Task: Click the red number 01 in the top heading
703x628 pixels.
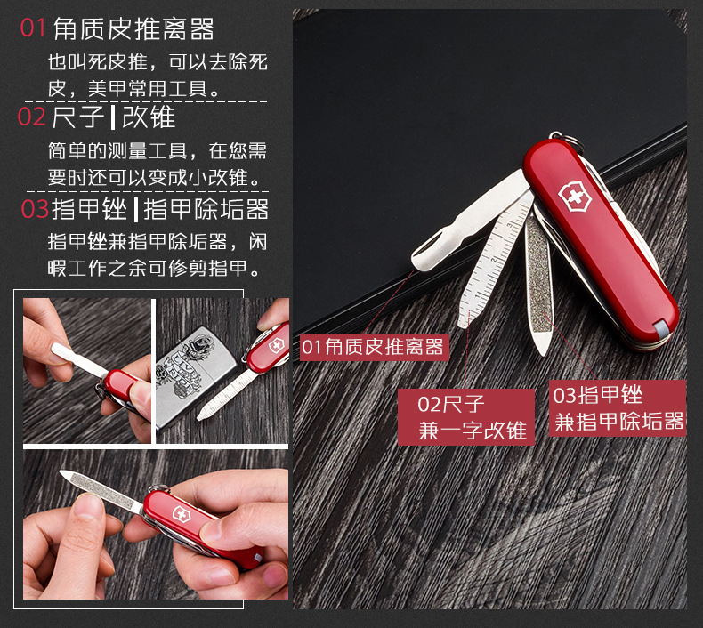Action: pos(33,28)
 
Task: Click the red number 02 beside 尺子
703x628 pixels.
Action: pos(32,117)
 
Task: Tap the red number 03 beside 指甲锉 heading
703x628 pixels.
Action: pos(35,209)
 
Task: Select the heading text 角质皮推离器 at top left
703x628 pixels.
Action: pos(133,28)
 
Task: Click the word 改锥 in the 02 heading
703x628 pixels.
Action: pos(149,117)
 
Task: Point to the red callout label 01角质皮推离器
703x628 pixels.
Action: pos(374,347)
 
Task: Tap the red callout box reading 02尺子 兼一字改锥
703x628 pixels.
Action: pos(466,417)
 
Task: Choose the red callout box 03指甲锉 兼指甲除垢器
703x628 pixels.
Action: pos(618,408)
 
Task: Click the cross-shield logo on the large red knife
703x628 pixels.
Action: pos(574,196)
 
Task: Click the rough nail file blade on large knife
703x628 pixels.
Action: pos(538,282)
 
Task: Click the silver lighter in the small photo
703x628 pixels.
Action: pos(195,376)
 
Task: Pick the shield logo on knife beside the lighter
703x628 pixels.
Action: pos(275,345)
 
